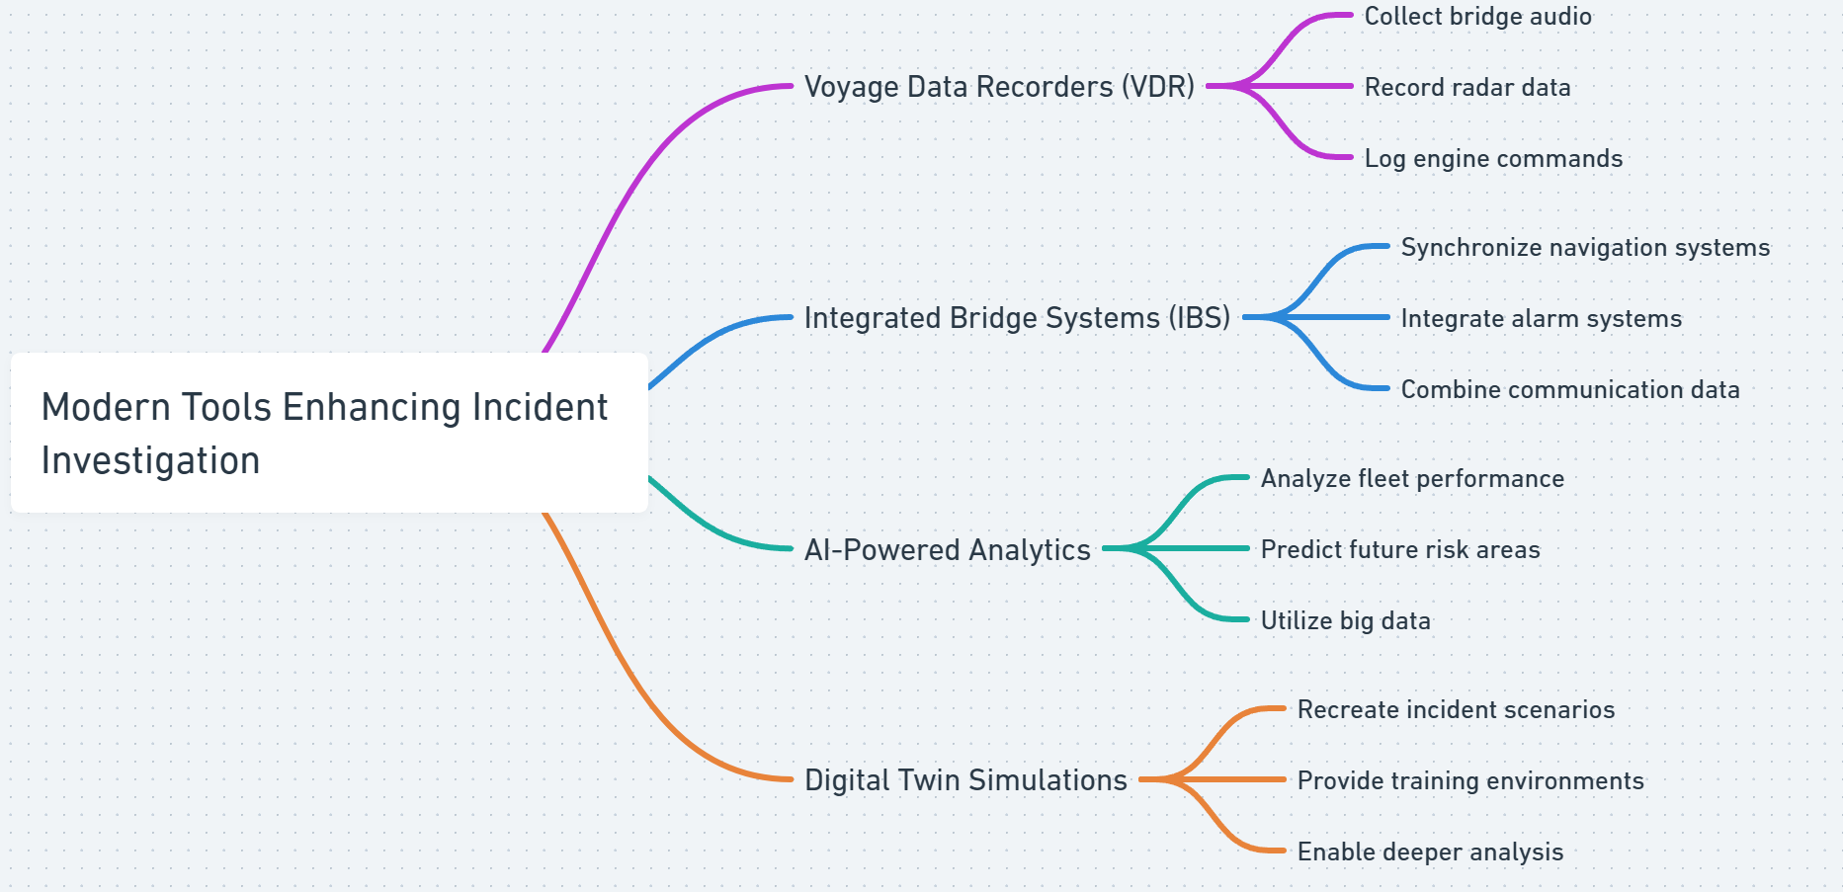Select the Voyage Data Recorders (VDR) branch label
(x=999, y=87)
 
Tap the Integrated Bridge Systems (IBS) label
(x=1017, y=318)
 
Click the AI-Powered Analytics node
(x=947, y=549)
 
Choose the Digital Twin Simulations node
(x=965, y=780)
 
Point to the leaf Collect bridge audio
(x=1477, y=17)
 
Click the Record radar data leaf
(x=1466, y=88)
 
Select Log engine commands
(x=1492, y=159)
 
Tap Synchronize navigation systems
(x=1584, y=248)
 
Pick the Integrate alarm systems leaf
(x=1541, y=319)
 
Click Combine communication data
(x=1569, y=390)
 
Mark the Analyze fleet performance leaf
(x=1411, y=479)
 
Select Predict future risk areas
(x=1399, y=550)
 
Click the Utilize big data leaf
(x=1345, y=621)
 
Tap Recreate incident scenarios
(x=1455, y=710)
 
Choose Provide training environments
(x=1469, y=781)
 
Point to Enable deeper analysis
(x=1429, y=852)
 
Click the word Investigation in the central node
(x=150, y=461)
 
